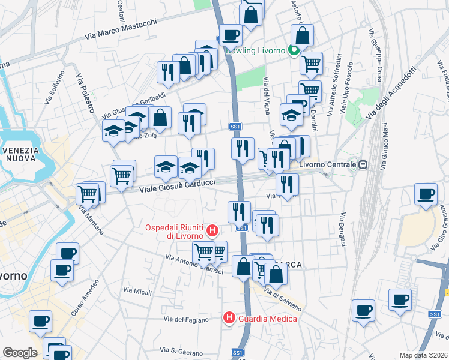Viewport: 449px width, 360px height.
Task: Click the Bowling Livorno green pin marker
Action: pos(294,51)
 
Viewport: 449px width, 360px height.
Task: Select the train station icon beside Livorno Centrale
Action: pos(363,164)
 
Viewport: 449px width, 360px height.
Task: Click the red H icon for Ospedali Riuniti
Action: pos(211,230)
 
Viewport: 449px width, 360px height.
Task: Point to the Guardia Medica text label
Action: pos(267,318)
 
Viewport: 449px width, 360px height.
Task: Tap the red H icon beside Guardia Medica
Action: pos(229,317)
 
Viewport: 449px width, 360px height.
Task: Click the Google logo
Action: pos(20,353)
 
